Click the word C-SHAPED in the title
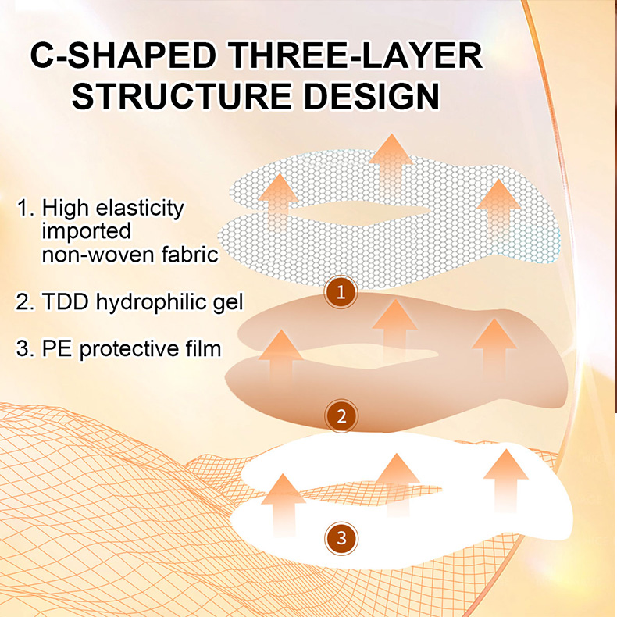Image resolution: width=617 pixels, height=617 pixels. pyautogui.click(x=123, y=56)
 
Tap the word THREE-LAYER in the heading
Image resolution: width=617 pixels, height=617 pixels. pyautogui.click(x=355, y=56)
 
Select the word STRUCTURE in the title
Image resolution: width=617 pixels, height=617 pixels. pyautogui.click(x=182, y=96)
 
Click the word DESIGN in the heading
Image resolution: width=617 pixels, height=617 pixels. pyautogui.click(x=373, y=96)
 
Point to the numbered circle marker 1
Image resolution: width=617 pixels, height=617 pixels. pyautogui.click(x=341, y=292)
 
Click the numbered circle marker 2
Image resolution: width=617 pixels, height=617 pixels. pyautogui.click(x=341, y=416)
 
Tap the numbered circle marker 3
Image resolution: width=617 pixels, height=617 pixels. pyautogui.click(x=341, y=538)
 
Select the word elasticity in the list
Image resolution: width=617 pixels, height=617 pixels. pyautogui.click(x=140, y=209)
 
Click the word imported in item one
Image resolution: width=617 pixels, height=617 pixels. pyautogui.click(x=86, y=231)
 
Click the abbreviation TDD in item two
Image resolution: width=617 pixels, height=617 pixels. pyautogui.click(x=66, y=301)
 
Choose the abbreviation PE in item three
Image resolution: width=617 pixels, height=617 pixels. pyautogui.click(x=57, y=348)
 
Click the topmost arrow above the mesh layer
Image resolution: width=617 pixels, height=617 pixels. pyautogui.click(x=391, y=166)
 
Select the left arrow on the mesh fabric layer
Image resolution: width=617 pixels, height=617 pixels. pyautogui.click(x=279, y=202)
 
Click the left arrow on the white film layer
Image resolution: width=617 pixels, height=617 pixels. pyautogui.click(x=284, y=505)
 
